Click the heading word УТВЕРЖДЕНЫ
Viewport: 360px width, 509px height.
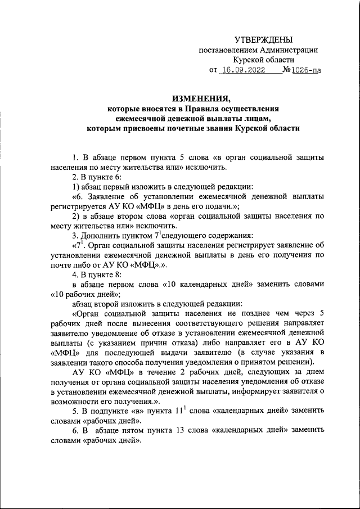point(264,39)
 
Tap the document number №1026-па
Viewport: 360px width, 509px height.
point(303,71)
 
